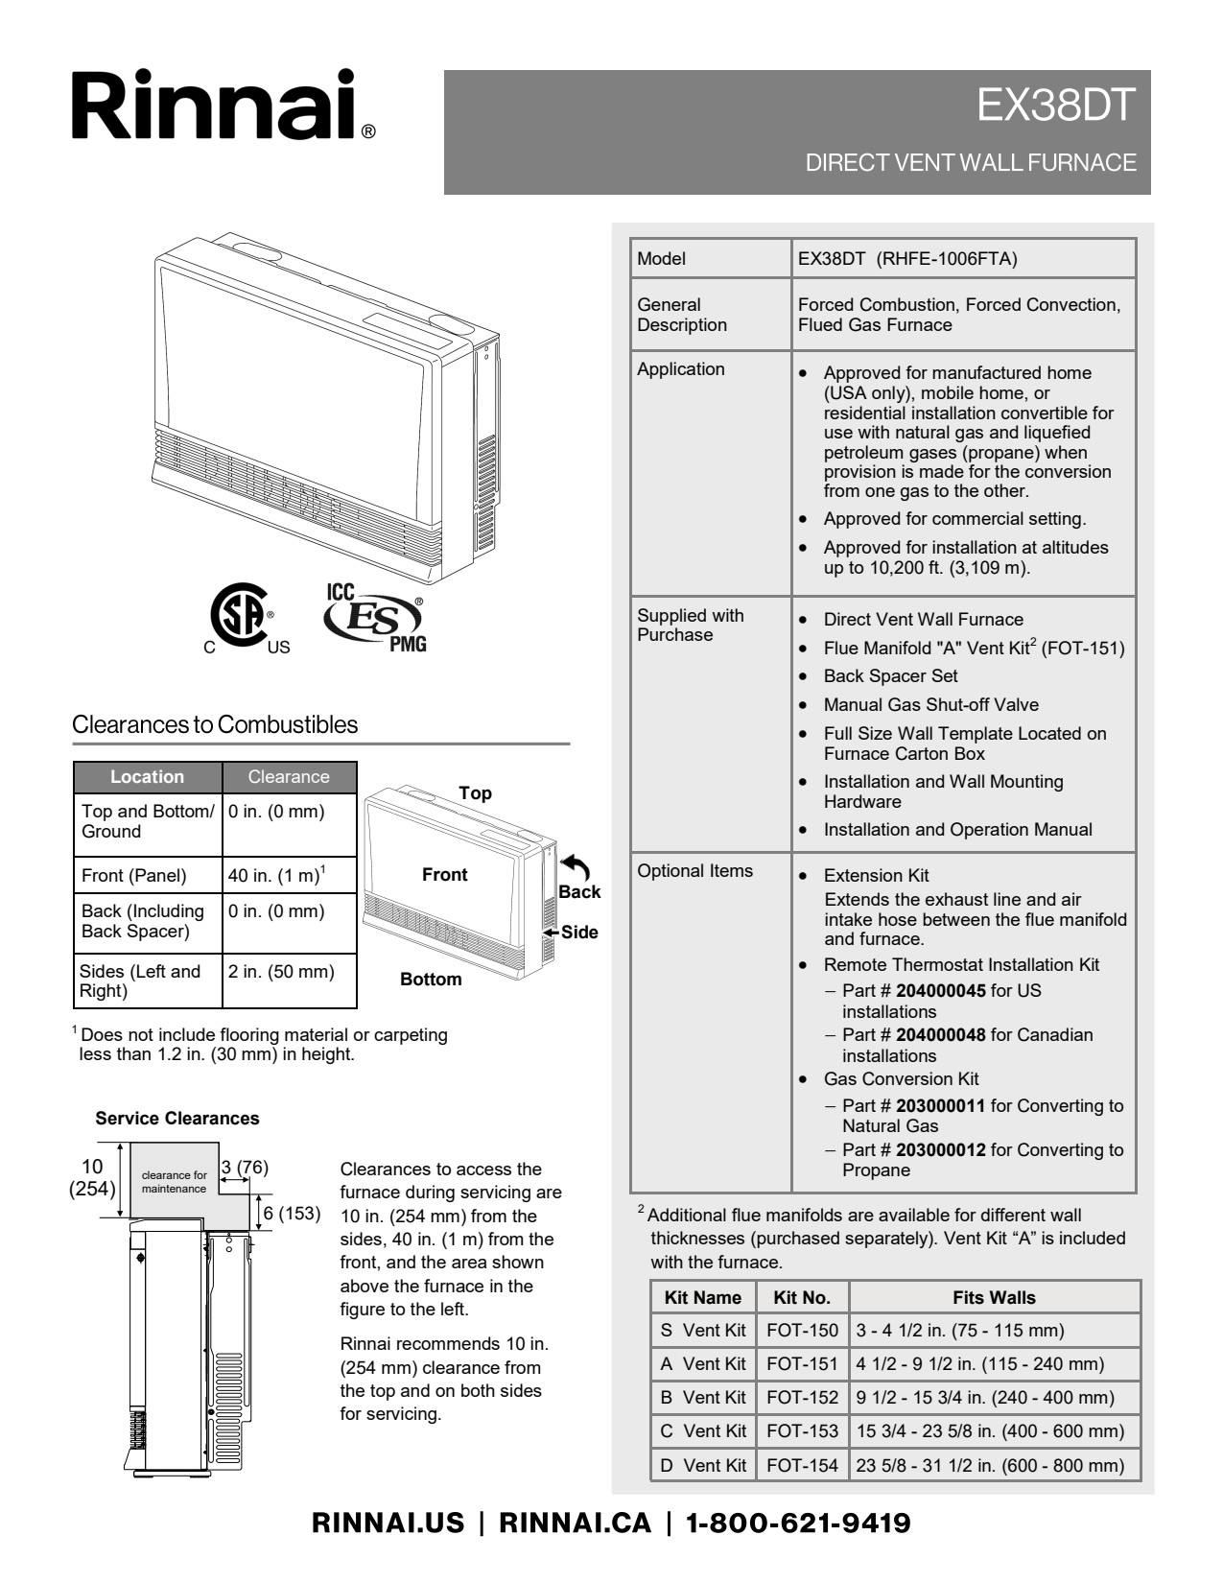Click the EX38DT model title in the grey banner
pos(1056,106)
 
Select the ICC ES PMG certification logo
pos(375,618)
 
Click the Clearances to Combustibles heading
pos(215,724)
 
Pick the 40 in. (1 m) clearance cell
pos(276,875)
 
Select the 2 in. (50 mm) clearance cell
pos(281,971)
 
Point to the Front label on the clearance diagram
pos(445,874)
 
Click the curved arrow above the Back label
pos(575,867)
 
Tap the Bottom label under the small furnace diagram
pos(431,979)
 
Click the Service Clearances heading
pos(177,1118)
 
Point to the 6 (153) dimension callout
pos(291,1213)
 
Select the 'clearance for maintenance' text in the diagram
pos(175,1182)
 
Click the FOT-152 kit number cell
pos(802,1397)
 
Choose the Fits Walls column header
pos(994,1297)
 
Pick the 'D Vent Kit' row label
pos(703,1465)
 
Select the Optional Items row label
pos(695,870)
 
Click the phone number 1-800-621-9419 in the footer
pos(797,1523)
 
